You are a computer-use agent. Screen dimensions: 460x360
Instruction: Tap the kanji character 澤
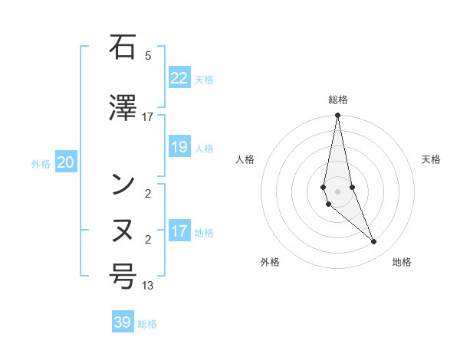pyautogui.click(x=123, y=109)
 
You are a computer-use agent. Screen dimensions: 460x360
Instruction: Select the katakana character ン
pyautogui.click(x=123, y=185)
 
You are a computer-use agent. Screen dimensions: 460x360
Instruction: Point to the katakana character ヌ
pyautogui.click(x=123, y=231)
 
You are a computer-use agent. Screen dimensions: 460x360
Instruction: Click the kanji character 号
pyautogui.click(x=123, y=277)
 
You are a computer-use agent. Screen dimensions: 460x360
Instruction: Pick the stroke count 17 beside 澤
pyautogui.click(x=147, y=117)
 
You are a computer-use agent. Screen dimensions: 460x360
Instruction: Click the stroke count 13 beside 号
pyautogui.click(x=147, y=286)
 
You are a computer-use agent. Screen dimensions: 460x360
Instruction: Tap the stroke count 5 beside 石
pyautogui.click(x=147, y=56)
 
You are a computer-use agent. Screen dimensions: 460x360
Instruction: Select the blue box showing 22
pyautogui.click(x=179, y=78)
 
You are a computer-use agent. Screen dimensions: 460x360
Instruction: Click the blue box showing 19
pyautogui.click(x=179, y=147)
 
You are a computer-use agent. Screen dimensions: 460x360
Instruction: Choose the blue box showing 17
pyautogui.click(x=179, y=231)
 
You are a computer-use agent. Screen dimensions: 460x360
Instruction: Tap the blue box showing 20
pyautogui.click(x=66, y=162)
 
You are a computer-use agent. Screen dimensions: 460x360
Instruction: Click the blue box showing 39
pyautogui.click(x=123, y=322)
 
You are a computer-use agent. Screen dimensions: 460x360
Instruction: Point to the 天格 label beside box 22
pyautogui.click(x=204, y=79)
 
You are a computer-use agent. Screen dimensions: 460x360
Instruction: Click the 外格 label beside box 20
pyautogui.click(x=41, y=163)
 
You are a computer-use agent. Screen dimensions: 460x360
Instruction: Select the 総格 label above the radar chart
pyautogui.click(x=337, y=100)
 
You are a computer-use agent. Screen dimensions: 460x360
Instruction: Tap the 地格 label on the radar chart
pyautogui.click(x=402, y=263)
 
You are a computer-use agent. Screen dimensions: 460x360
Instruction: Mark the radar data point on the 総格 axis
pyautogui.click(x=337, y=116)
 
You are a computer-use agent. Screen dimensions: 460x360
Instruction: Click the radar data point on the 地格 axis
pyautogui.click(x=374, y=242)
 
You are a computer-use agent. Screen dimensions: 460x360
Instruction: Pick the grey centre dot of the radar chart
pyautogui.click(x=337, y=191)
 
